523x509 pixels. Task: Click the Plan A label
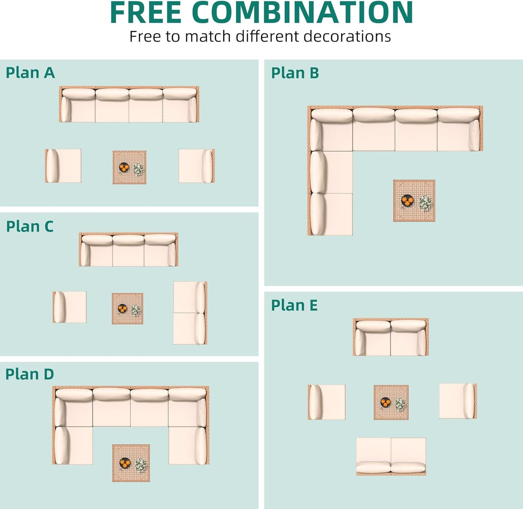tap(30, 73)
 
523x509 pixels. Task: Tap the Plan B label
tap(295, 73)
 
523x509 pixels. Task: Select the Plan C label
tap(30, 227)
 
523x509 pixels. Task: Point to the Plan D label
tap(30, 374)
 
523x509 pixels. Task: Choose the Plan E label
tap(294, 305)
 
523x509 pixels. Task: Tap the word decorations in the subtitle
tap(347, 37)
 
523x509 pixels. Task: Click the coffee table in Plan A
tap(129, 167)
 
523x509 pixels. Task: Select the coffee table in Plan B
tap(414, 200)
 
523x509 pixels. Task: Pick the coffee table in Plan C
tap(127, 309)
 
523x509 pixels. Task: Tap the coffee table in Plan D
tap(131, 463)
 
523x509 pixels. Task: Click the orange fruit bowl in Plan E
tap(385, 402)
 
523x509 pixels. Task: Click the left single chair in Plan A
tap(63, 166)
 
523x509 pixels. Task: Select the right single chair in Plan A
tap(197, 166)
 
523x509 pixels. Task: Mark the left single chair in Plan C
tap(69, 307)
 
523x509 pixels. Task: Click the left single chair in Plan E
tap(326, 402)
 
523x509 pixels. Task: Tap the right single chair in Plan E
tap(458, 401)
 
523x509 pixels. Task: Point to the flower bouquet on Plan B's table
tap(425, 203)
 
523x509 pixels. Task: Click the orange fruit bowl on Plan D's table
tap(124, 463)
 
